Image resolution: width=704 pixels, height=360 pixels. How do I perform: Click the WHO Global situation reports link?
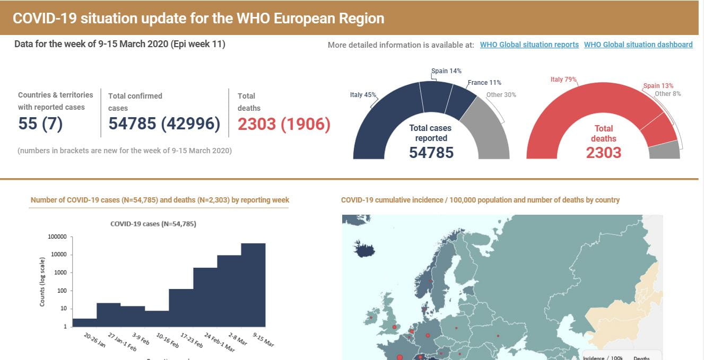(x=529, y=45)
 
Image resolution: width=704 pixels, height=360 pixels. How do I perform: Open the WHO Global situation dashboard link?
(x=638, y=45)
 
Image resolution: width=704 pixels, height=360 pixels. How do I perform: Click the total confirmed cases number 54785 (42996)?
(x=164, y=124)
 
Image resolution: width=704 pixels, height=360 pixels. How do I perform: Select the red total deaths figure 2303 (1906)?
(x=284, y=124)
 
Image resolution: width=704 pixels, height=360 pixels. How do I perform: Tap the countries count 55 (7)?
(x=40, y=124)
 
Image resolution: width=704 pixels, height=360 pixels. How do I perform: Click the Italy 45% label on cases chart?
(x=363, y=95)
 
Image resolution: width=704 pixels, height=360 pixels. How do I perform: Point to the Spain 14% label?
(x=446, y=71)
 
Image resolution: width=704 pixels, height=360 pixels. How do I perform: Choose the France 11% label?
(x=484, y=83)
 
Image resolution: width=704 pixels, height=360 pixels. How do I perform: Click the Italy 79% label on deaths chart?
(x=563, y=80)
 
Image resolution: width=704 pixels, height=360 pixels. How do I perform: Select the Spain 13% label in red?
(x=658, y=86)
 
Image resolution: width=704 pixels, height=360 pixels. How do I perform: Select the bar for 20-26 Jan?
(x=84, y=322)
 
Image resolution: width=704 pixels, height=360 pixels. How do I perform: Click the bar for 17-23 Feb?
(x=181, y=308)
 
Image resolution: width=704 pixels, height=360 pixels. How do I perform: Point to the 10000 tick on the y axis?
(x=58, y=255)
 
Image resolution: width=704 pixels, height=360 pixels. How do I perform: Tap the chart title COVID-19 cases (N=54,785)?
(x=153, y=224)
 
